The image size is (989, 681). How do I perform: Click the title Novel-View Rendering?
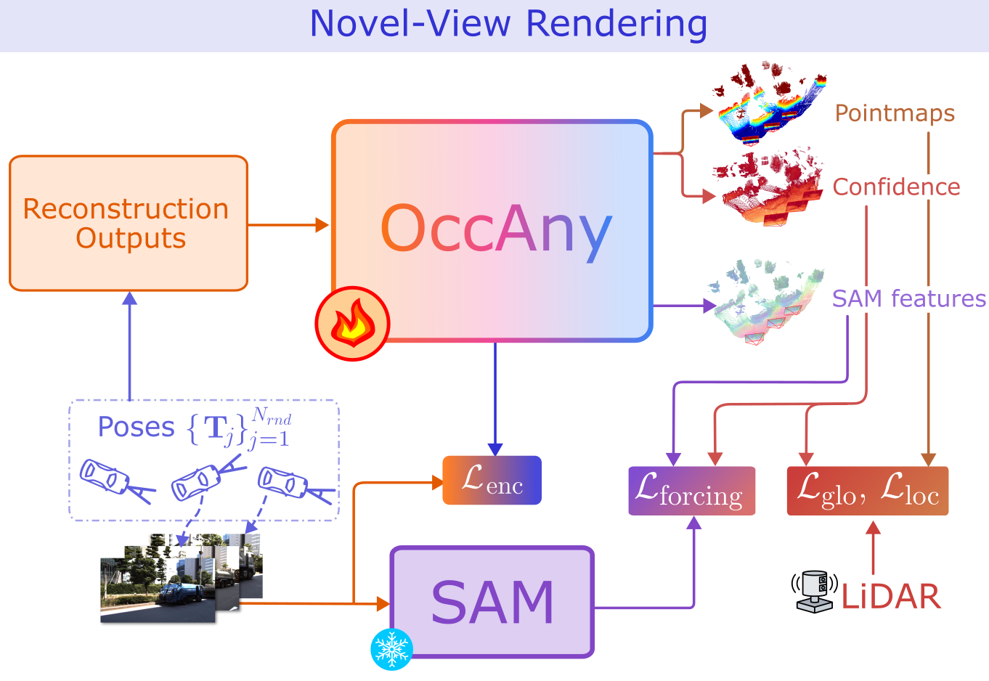click(x=508, y=23)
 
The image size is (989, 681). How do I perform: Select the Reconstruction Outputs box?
click(x=129, y=224)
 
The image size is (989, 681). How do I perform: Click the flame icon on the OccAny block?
click(x=353, y=324)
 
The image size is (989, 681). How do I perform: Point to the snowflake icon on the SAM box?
click(x=391, y=648)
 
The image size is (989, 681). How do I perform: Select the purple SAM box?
click(x=492, y=603)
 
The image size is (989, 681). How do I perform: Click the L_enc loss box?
click(x=492, y=480)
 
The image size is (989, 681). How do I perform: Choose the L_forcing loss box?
click(x=691, y=491)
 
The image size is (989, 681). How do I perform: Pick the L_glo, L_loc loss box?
click(x=868, y=491)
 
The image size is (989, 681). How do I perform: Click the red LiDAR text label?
click(x=891, y=597)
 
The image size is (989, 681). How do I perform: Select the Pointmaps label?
click(x=895, y=113)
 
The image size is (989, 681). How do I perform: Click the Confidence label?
click(x=896, y=187)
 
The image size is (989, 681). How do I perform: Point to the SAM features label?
click(x=908, y=298)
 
